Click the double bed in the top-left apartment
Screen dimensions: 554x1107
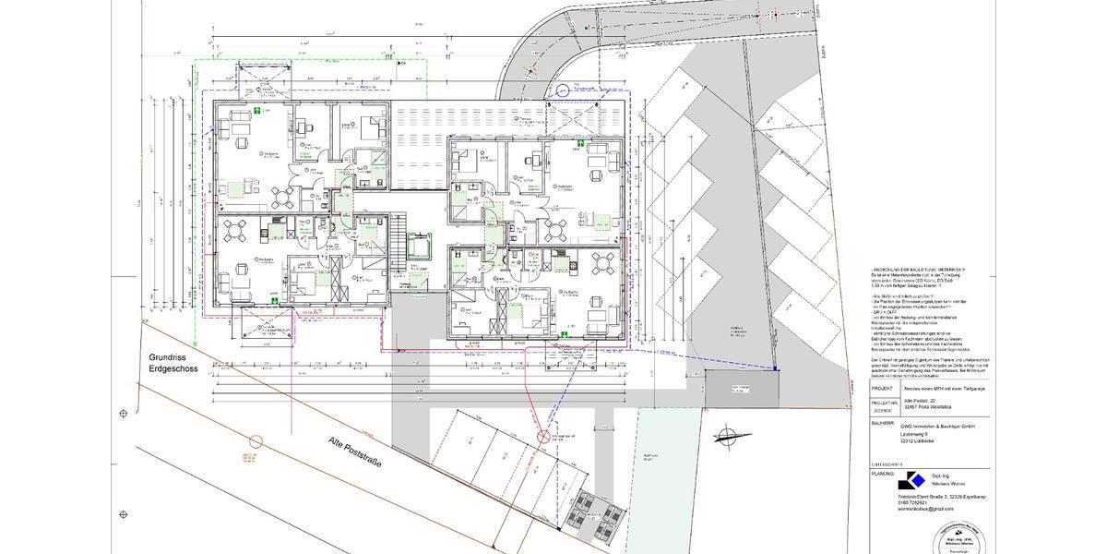373,124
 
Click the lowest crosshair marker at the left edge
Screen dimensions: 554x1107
124,515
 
